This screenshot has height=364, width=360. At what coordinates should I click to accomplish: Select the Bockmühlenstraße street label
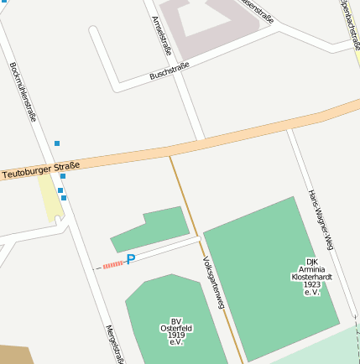[23, 91]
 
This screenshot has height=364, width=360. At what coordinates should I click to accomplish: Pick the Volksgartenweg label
[214, 283]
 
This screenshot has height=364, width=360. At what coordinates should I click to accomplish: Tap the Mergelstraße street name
[115, 344]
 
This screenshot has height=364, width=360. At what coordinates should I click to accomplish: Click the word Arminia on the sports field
[312, 268]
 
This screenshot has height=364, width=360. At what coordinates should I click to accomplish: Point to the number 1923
[312, 283]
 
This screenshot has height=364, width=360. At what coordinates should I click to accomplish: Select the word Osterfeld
[175, 328]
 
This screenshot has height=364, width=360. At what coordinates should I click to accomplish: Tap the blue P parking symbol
[130, 260]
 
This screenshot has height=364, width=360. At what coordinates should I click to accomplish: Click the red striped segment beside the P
[112, 264]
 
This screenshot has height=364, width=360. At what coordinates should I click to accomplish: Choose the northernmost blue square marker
[57, 143]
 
